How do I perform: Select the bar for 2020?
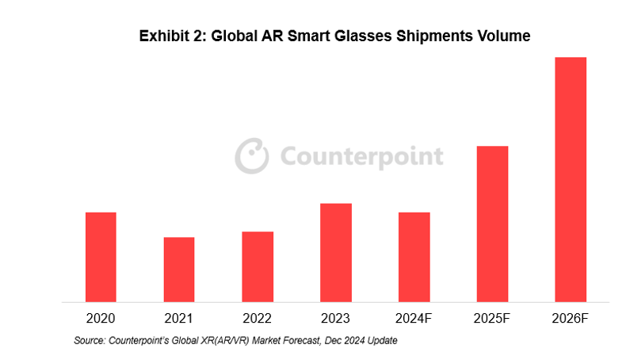coord(101,257)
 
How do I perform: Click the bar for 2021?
coord(179,270)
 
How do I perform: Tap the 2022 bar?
coord(258,266)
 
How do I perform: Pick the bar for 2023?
coord(336,252)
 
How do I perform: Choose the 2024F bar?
coord(414,257)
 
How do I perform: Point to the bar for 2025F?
coord(493,224)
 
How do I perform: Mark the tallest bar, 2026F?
coord(571,179)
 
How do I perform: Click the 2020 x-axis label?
coord(101,319)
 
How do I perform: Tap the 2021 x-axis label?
coord(179,319)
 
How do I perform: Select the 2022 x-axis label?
coord(258,319)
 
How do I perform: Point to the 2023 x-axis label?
coord(336,319)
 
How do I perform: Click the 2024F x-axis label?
coord(414,319)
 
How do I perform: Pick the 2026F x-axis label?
coord(571,319)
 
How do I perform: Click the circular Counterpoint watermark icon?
coord(251,155)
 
